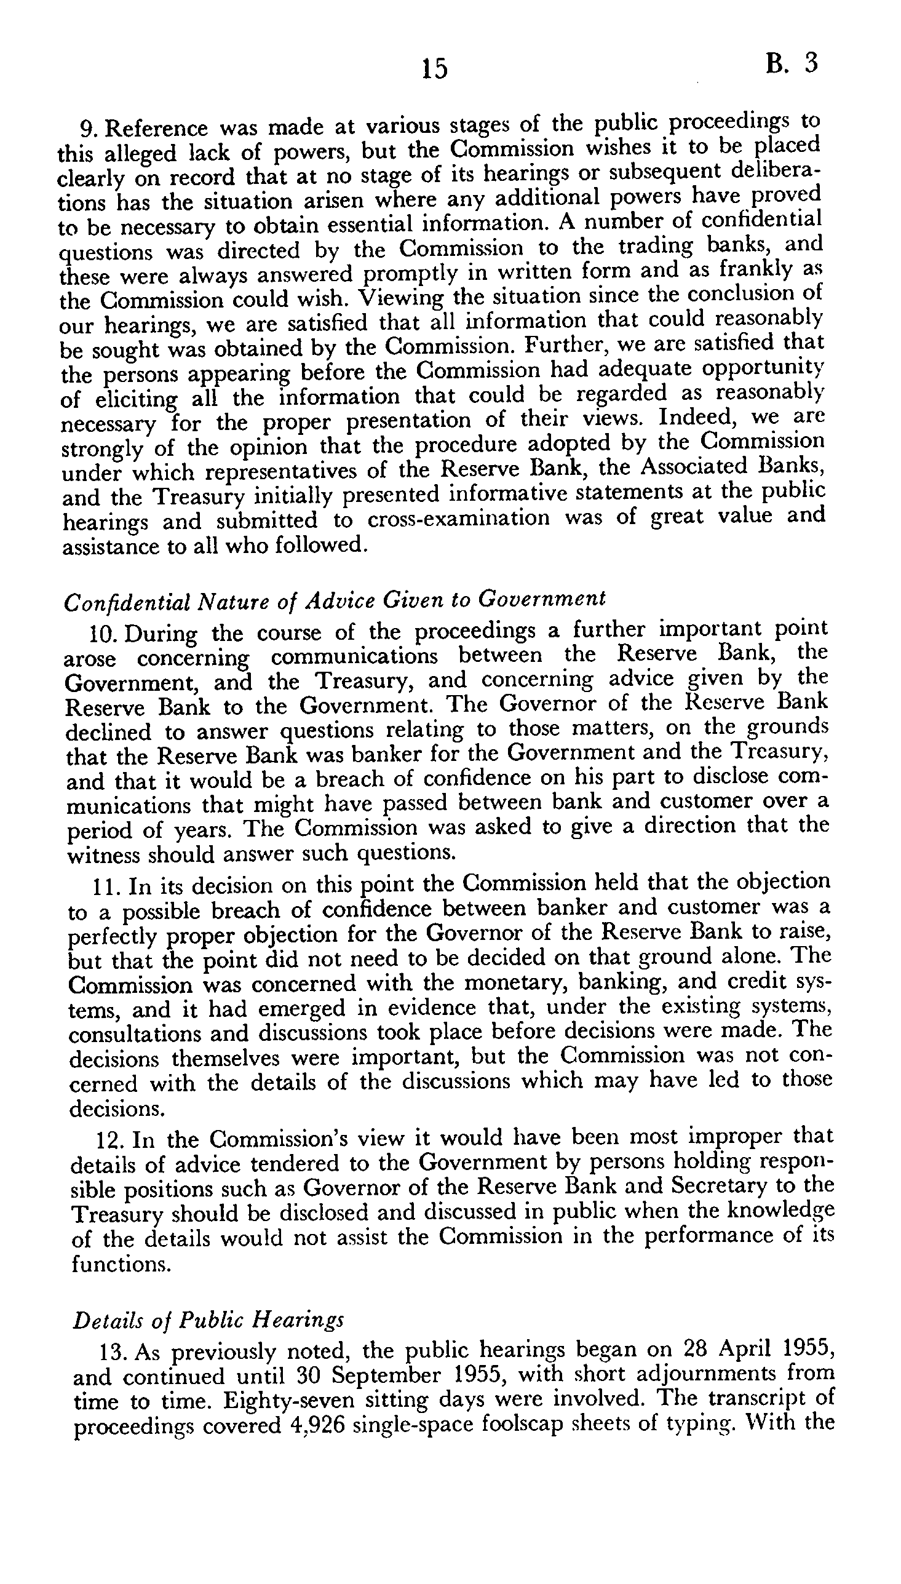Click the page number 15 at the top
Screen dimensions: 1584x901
434,68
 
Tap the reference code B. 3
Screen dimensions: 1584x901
792,64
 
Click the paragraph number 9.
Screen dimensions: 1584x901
90,129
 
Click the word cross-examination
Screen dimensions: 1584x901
458,519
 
